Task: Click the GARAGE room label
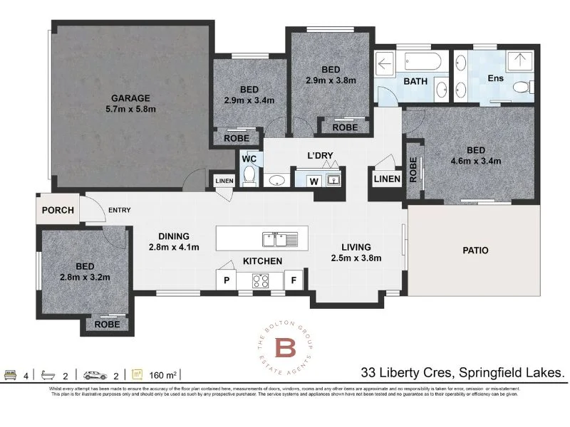coord(129,98)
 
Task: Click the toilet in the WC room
coord(249,174)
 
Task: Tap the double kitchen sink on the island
coord(274,237)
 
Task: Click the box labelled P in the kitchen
coord(227,280)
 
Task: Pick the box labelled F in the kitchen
coord(294,280)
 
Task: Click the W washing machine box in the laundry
coord(313,181)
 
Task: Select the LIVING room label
coord(356,247)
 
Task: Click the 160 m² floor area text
coord(165,374)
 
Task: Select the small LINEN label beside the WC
coord(224,181)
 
